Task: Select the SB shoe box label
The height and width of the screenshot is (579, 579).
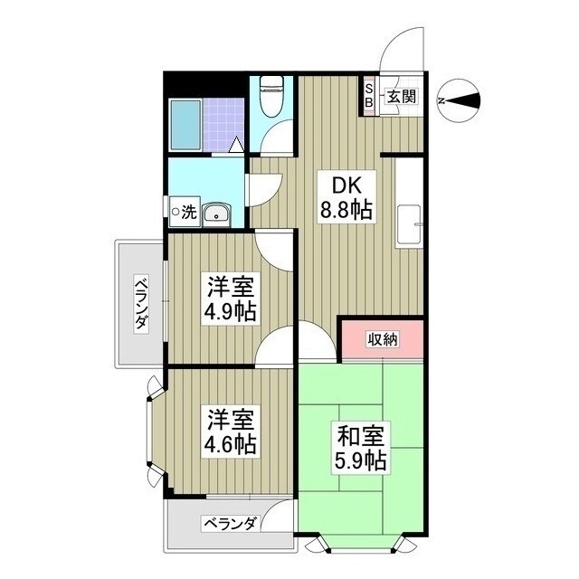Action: click(x=369, y=95)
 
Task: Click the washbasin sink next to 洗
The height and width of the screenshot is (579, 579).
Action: click(x=216, y=214)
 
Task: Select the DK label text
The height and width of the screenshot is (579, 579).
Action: click(x=346, y=186)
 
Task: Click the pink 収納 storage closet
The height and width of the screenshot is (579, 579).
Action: click(x=381, y=339)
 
